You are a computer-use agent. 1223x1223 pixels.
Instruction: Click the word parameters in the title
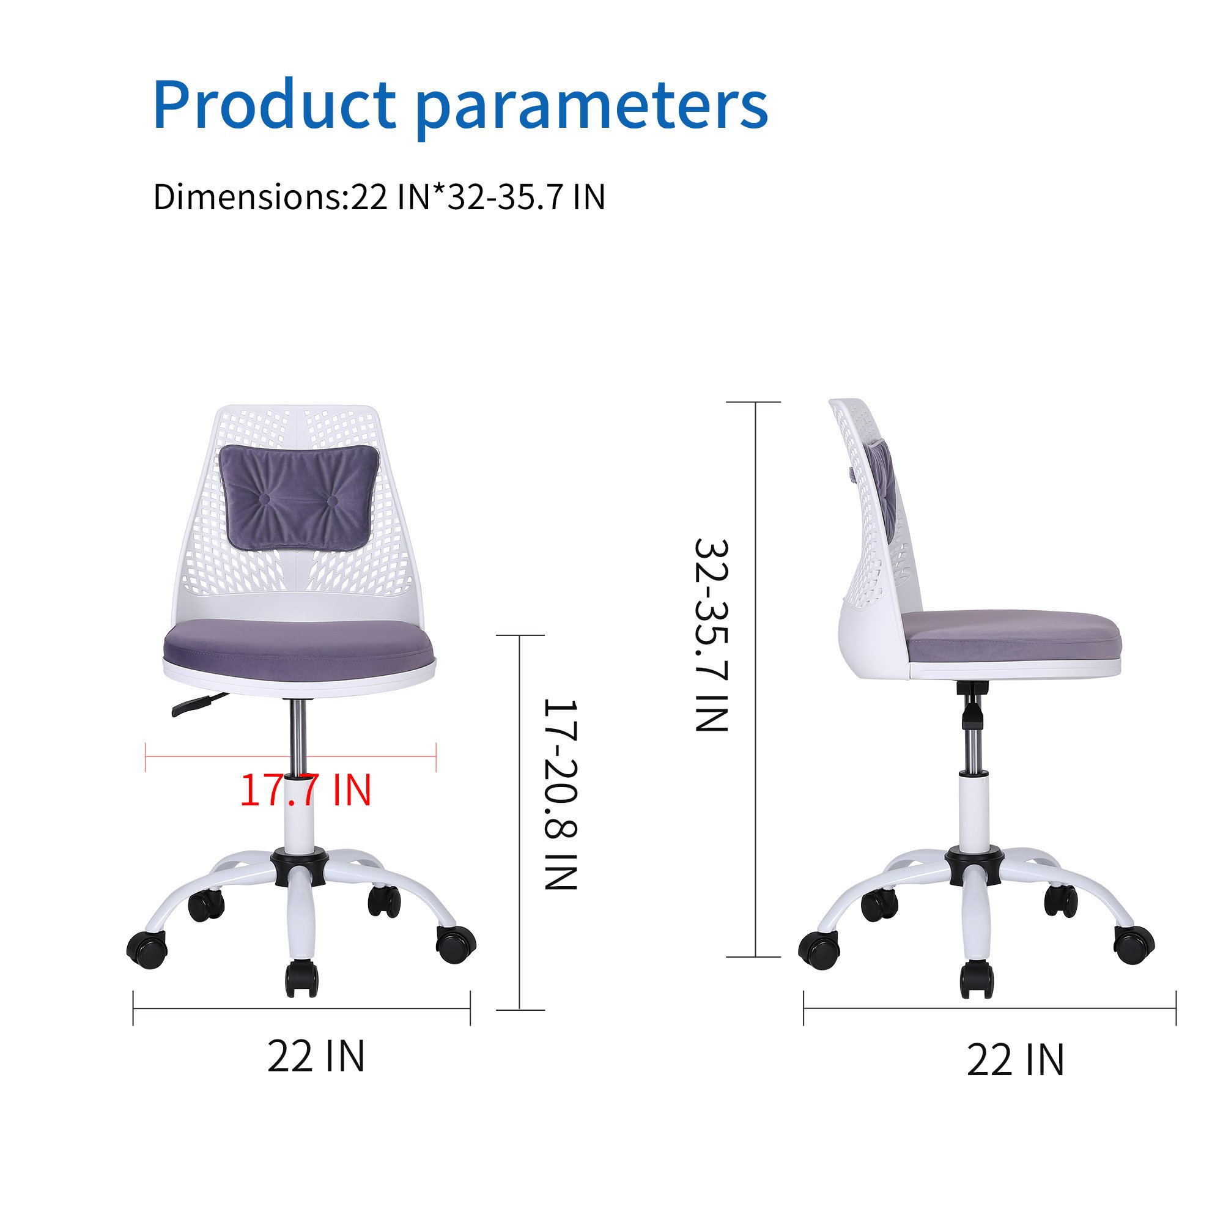pos(592,108)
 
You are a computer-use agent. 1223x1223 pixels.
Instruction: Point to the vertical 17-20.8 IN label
pos(561,794)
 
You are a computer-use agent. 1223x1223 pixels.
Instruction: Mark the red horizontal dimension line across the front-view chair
pos(290,756)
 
